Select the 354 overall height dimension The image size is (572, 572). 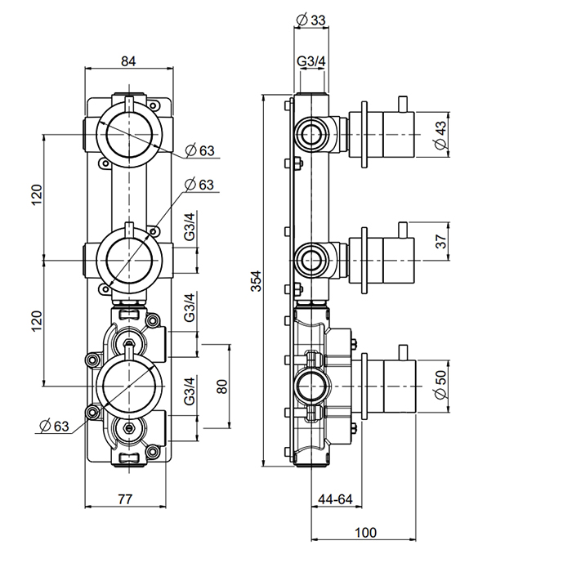[256, 281]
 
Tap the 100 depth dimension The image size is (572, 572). [365, 533]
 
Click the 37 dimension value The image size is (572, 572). [440, 242]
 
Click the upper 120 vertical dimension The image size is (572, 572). [35, 196]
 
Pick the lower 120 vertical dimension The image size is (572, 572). [35, 322]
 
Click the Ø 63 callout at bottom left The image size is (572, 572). [54, 425]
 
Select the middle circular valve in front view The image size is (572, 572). [127, 259]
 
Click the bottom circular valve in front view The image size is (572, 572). [127, 384]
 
